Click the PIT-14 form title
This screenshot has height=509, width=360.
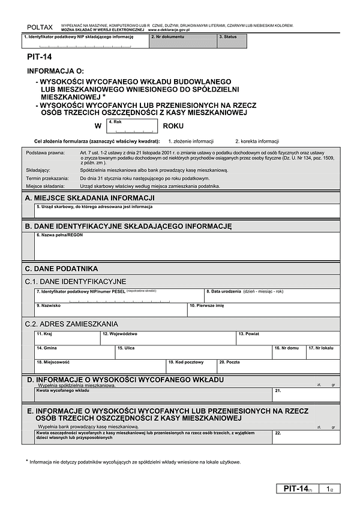(x=39, y=58)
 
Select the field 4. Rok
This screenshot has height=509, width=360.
(x=132, y=127)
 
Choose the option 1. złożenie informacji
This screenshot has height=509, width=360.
(x=191, y=141)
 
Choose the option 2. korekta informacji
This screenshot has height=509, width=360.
(x=257, y=141)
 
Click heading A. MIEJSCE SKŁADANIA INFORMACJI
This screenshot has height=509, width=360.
(x=90, y=197)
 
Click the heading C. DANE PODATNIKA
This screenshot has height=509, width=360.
(x=61, y=269)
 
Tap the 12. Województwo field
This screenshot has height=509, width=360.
(x=167, y=338)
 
